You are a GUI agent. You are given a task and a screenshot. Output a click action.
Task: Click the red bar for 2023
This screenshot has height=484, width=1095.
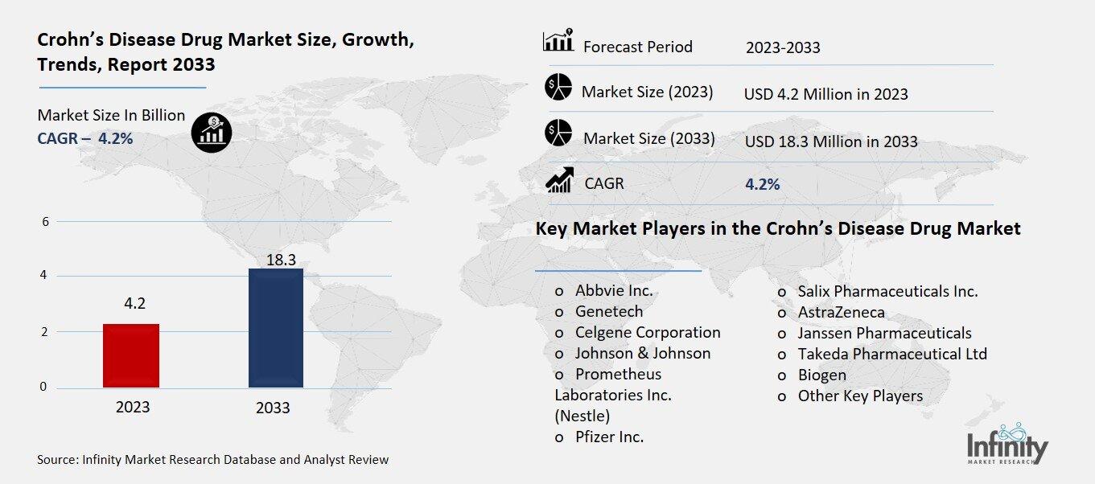pos(131,355)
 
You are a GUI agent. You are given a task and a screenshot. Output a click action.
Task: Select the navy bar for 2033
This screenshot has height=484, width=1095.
pos(276,328)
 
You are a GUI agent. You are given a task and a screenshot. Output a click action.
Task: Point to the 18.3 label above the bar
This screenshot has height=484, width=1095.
pos(277,259)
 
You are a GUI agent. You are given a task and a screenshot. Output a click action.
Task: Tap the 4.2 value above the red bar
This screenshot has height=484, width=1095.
pos(134,303)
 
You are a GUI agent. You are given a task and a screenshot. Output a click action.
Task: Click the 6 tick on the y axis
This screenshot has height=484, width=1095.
pos(44,222)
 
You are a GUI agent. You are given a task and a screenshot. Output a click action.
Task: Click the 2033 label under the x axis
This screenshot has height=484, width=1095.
pos(273,408)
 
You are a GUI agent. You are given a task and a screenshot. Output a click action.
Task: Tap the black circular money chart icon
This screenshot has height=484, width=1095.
pos(212,131)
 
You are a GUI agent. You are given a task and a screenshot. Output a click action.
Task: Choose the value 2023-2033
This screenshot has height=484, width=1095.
pos(783,47)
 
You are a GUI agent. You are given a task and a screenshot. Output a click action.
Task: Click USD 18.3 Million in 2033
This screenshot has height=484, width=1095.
pos(831,142)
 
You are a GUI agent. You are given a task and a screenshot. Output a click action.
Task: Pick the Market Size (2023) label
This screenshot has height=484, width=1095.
pos(647,92)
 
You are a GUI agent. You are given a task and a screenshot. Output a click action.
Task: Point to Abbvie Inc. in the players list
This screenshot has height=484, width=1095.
pos(613,291)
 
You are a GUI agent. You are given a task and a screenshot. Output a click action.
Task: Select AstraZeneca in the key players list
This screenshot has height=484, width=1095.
pos(841,312)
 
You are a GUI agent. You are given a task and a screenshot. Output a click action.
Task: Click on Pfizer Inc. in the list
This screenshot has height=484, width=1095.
pos(609,437)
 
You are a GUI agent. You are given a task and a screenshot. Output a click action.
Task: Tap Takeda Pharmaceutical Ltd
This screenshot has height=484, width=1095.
pos(891,354)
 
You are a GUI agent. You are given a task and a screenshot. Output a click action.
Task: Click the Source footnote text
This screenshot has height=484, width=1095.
pos(212,460)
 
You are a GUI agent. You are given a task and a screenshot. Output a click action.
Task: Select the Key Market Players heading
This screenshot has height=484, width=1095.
pos(777,229)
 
